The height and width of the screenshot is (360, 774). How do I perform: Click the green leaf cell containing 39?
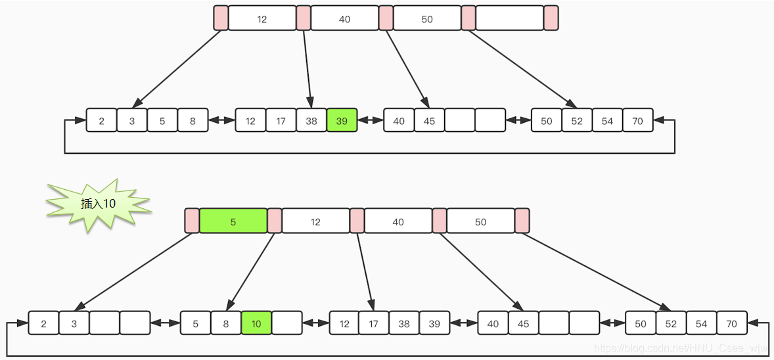click(x=342, y=120)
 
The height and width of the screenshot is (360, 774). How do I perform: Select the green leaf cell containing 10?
click(x=256, y=323)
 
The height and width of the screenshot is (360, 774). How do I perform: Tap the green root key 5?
click(x=233, y=221)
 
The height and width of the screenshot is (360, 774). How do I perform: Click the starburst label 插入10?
click(x=99, y=204)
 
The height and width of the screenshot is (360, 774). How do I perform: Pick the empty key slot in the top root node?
click(x=510, y=18)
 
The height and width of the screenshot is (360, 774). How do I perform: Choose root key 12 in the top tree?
click(x=262, y=18)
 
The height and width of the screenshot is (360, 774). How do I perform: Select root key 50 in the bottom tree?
click(x=480, y=221)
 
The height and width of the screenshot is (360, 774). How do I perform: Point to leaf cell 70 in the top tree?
click(x=638, y=120)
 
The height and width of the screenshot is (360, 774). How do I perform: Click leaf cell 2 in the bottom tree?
click(x=44, y=323)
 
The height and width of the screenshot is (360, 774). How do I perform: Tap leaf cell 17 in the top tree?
click(x=281, y=120)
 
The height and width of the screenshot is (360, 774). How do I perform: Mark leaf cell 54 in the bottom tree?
click(x=701, y=323)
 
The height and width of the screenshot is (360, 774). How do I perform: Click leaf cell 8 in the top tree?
click(x=193, y=120)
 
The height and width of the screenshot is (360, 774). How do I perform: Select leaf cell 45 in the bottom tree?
click(x=523, y=323)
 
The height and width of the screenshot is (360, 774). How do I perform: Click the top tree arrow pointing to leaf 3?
click(x=177, y=69)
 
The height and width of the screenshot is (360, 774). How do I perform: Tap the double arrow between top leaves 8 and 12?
click(x=221, y=120)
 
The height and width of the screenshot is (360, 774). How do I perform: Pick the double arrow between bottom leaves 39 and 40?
click(x=464, y=323)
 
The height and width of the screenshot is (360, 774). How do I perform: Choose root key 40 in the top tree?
click(x=345, y=18)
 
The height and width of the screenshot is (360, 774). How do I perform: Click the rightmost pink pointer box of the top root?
click(x=551, y=18)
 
